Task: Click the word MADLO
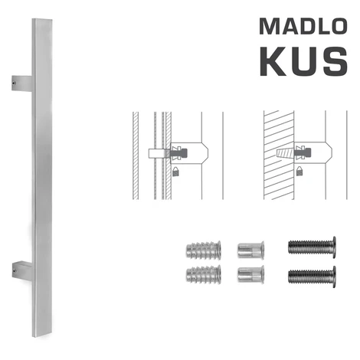(x=303, y=26)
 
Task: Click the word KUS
(x=303, y=61)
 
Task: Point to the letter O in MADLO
(x=338, y=26)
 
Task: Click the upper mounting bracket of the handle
(x=22, y=83)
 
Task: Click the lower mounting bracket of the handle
(x=22, y=270)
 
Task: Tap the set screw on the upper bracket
(x=15, y=83)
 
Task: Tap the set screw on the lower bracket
(x=15, y=271)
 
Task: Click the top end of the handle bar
(x=42, y=20)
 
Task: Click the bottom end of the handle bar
(x=43, y=335)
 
